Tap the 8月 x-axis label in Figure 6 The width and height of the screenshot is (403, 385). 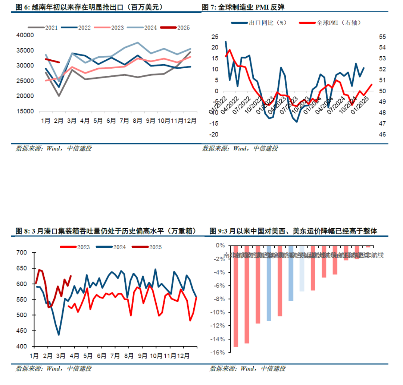137,121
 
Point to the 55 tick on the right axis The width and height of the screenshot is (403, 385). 383,37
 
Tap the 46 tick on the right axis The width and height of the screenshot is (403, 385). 383,134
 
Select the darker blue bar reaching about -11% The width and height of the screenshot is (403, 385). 269,283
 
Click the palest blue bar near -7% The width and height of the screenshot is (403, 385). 302,268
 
